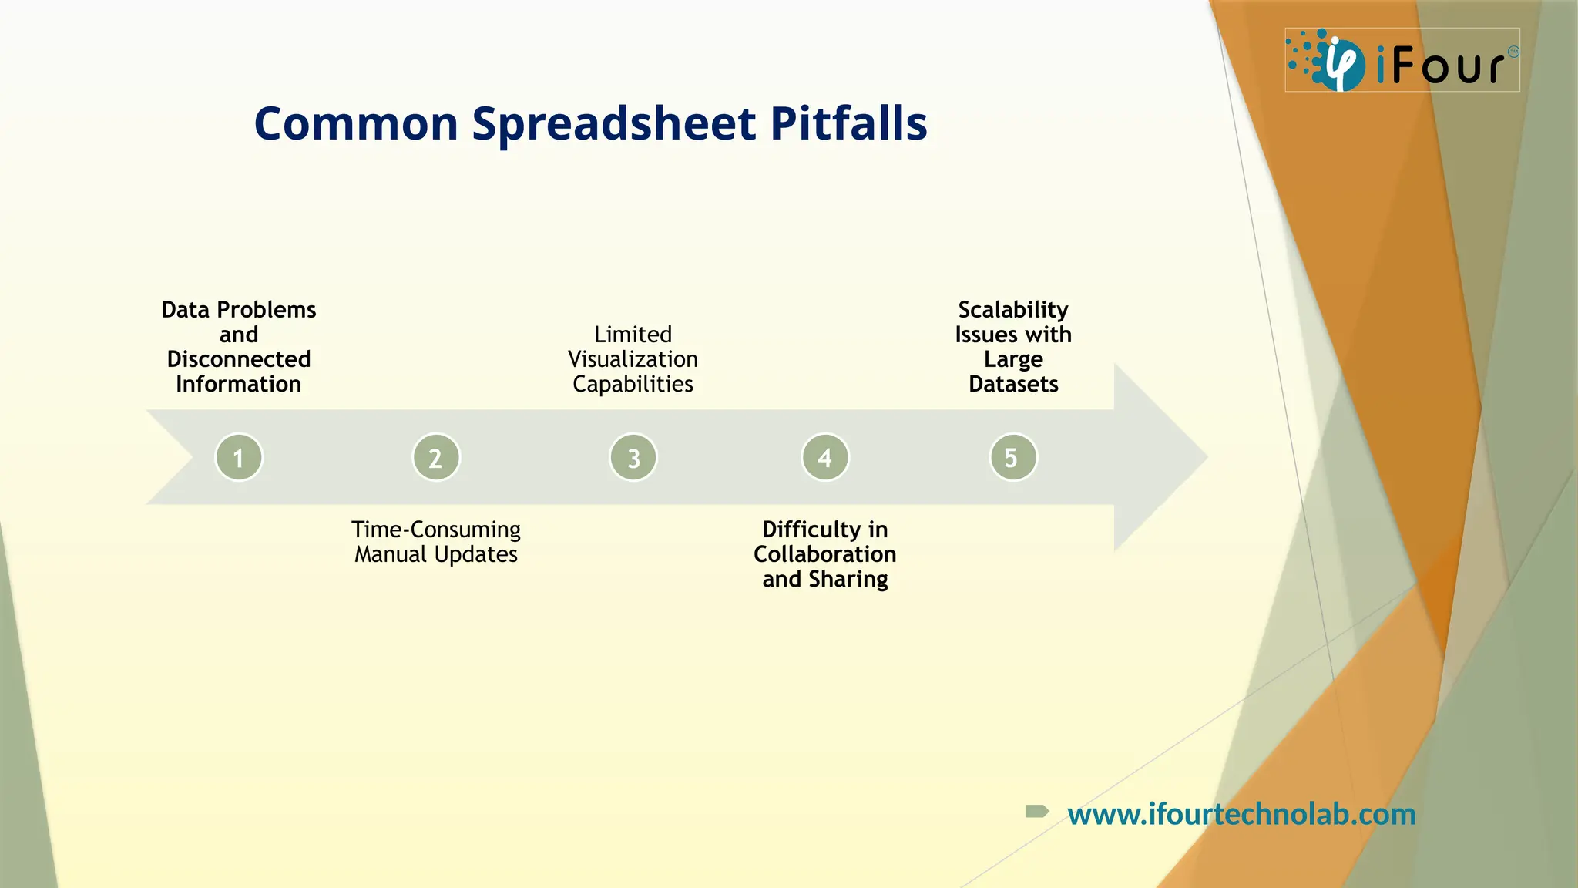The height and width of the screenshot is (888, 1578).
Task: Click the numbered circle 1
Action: (x=239, y=457)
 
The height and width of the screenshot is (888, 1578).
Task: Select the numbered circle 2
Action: (x=436, y=457)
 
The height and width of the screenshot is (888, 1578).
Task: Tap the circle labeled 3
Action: (x=633, y=457)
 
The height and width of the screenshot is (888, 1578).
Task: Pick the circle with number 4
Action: (x=825, y=457)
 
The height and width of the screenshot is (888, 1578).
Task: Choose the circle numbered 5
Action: (x=1013, y=457)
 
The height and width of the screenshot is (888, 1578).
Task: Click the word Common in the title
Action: (x=356, y=124)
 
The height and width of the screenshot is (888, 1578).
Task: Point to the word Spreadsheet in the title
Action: (x=613, y=124)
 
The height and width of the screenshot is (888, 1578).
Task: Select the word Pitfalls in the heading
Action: (x=848, y=124)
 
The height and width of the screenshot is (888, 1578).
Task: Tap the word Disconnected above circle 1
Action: (x=239, y=359)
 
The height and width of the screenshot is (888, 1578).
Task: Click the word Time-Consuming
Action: (x=436, y=530)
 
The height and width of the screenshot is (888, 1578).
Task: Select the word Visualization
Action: (x=633, y=359)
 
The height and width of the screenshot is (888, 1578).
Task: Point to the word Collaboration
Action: (x=824, y=554)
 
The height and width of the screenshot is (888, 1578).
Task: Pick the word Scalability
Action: (x=1013, y=310)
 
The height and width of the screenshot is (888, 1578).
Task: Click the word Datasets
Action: (x=1013, y=384)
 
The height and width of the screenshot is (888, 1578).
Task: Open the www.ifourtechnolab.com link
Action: (x=1241, y=814)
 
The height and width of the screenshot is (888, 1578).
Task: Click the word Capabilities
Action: (x=633, y=384)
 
